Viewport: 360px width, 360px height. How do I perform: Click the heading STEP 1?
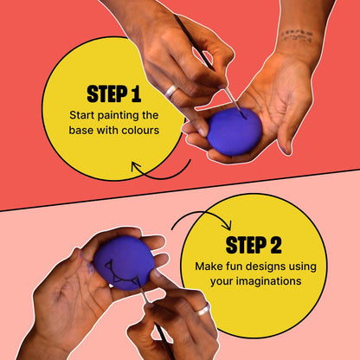click(113, 93)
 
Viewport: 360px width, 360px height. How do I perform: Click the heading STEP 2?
click(253, 244)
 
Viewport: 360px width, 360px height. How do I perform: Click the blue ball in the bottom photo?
click(123, 261)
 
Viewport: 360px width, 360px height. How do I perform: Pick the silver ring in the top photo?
click(171, 90)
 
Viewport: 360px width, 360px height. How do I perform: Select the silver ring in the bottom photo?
click(202, 309)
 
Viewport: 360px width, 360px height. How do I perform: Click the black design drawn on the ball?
click(121, 279)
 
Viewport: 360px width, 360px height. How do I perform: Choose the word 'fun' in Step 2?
click(231, 266)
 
